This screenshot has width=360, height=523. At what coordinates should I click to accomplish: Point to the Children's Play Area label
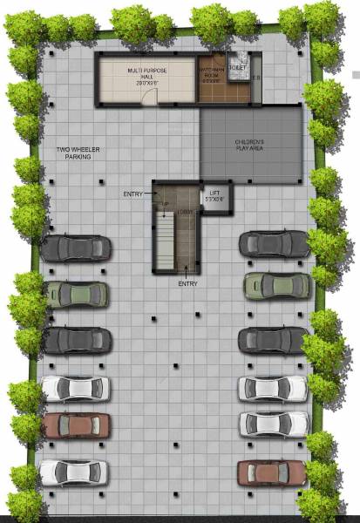pyautogui.click(x=249, y=144)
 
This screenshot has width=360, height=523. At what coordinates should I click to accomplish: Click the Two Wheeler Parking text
pyautogui.click(x=78, y=153)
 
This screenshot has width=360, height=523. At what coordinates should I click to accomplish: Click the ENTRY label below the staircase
pyautogui.click(x=187, y=284)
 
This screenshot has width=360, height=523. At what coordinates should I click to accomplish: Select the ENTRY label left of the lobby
pyautogui.click(x=133, y=193)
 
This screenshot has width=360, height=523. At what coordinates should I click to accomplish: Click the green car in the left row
pyautogui.click(x=78, y=294)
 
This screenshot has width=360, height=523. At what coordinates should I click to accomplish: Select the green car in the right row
pyautogui.click(x=277, y=285)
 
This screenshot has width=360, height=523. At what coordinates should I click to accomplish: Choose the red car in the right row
pyautogui.click(x=272, y=472)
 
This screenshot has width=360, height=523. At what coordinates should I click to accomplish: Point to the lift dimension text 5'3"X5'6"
pyautogui.click(x=214, y=200)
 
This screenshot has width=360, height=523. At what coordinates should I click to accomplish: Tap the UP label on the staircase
pyautogui.click(x=163, y=206)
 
